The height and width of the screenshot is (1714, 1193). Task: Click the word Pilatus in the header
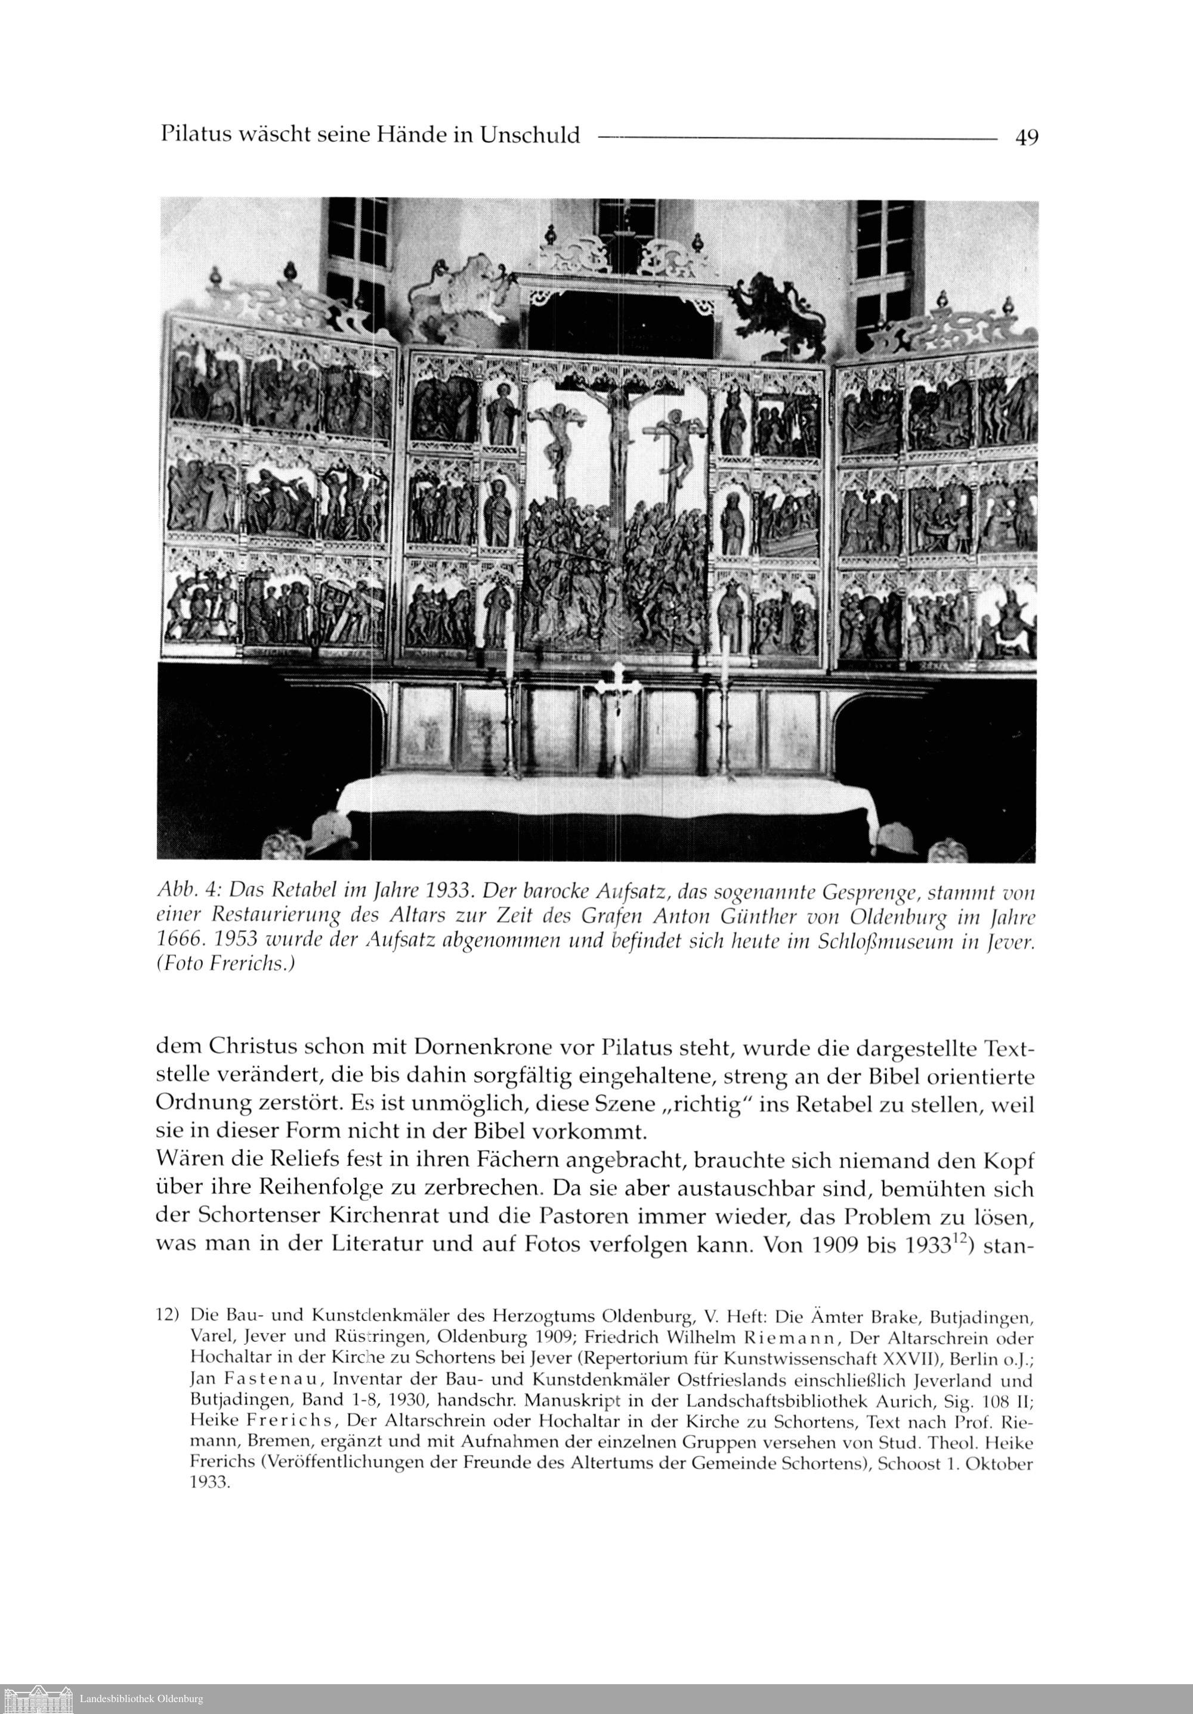(195, 135)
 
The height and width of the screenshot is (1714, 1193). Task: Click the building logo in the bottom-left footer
(38, 1697)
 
